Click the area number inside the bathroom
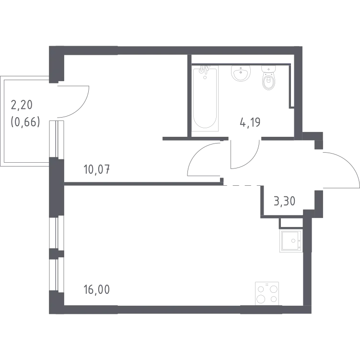pos(250,122)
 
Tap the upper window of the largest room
pos(54,211)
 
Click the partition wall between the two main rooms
pos(144,184)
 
